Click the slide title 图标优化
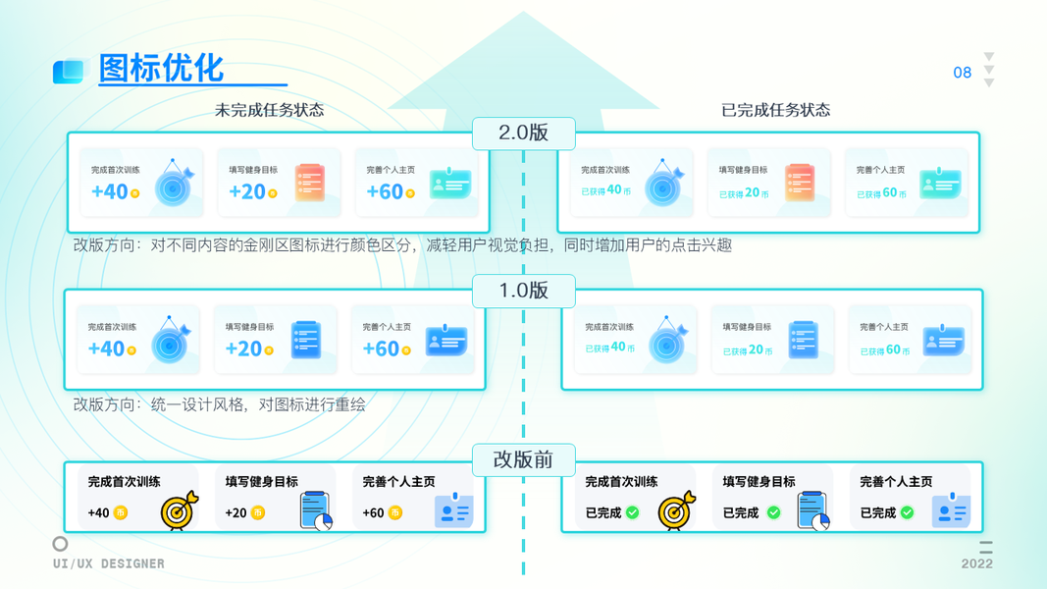[x=162, y=69]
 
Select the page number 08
[x=962, y=73]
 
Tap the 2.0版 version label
[x=523, y=134]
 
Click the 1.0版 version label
[x=523, y=291]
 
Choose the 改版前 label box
[x=523, y=459]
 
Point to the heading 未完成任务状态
[x=269, y=110]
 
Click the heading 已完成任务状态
[x=775, y=110]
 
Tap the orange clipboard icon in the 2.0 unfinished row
[x=310, y=183]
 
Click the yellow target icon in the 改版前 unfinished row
[x=179, y=510]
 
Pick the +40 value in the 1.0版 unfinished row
[x=106, y=348]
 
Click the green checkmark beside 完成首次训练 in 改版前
[x=633, y=512]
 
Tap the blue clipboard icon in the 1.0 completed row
[x=803, y=340]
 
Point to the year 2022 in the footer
[x=976, y=563]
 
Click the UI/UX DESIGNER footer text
[x=109, y=563]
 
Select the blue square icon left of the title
[x=70, y=71]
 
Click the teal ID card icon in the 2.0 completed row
[x=939, y=184]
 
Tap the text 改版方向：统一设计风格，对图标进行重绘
[x=219, y=403]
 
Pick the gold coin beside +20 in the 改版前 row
[x=258, y=512]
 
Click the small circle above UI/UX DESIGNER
[x=60, y=543]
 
